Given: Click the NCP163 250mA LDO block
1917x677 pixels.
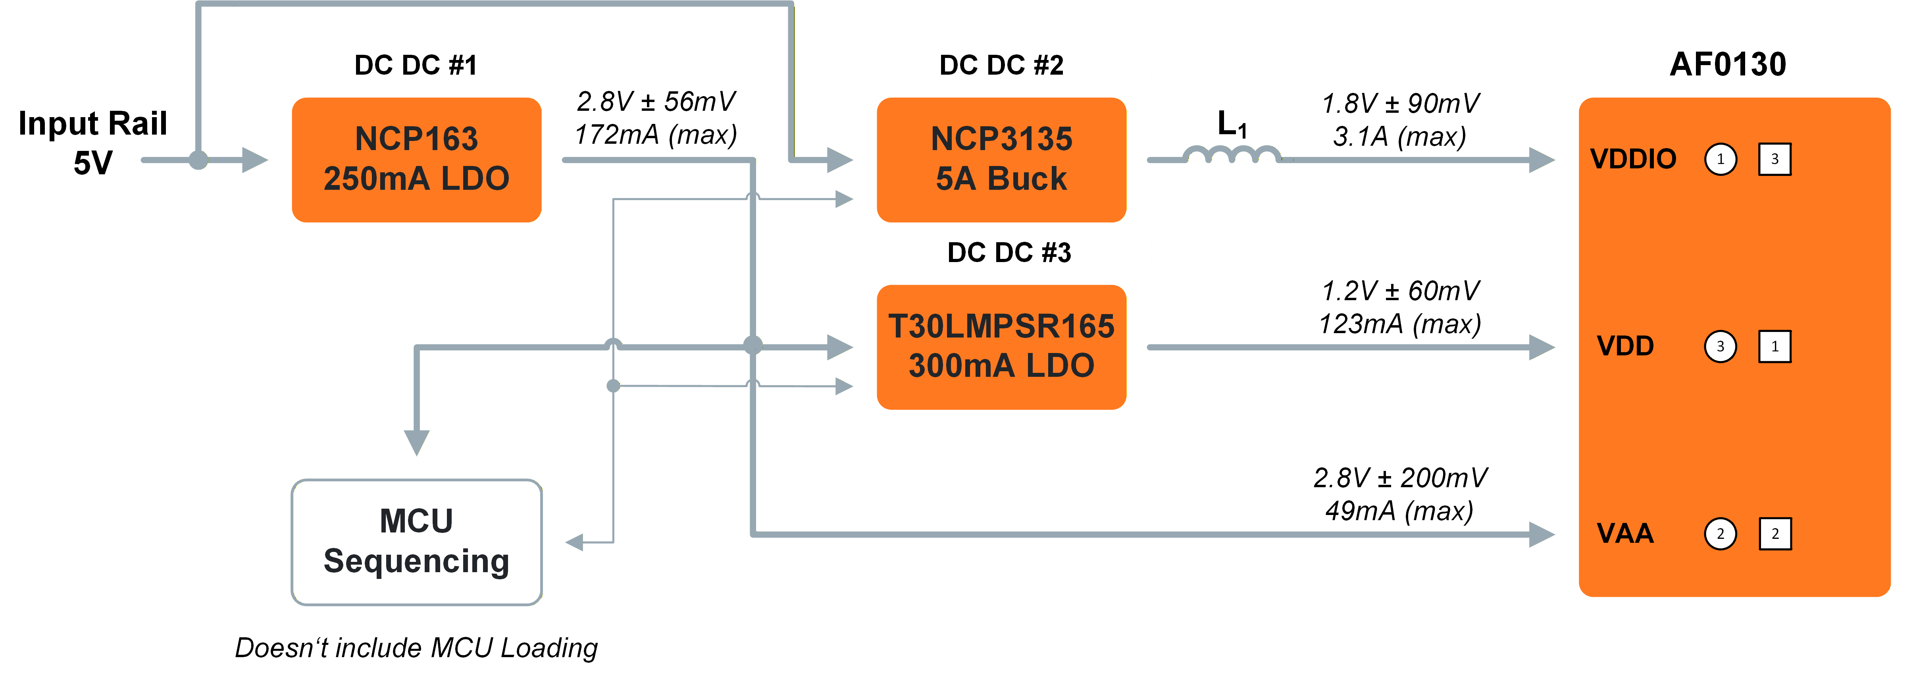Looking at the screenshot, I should pyautogui.click(x=416, y=159).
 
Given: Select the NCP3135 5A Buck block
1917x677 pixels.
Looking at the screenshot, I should pyautogui.click(x=1001, y=159).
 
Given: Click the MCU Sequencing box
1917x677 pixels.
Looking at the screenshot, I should pyautogui.click(x=416, y=542).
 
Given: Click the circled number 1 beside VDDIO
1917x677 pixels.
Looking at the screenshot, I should pyautogui.click(x=1720, y=159).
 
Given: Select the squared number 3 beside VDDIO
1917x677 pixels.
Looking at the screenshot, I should pyautogui.click(x=1775, y=159).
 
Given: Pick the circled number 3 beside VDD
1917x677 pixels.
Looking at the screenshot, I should pyautogui.click(x=1720, y=346).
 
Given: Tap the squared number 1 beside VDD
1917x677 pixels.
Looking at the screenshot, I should pyautogui.click(x=1775, y=346).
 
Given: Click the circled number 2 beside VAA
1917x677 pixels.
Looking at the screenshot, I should pyautogui.click(x=1720, y=533).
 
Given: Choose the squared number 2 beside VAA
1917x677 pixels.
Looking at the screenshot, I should pyautogui.click(x=1775, y=533).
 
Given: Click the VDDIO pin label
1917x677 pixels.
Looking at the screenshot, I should pyautogui.click(x=1633, y=159).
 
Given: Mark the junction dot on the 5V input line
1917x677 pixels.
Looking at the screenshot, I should pyautogui.click(x=198, y=159).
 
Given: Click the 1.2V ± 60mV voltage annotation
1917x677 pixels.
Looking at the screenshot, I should pyautogui.click(x=1400, y=291).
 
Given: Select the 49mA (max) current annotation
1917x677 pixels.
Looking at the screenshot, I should pyautogui.click(x=1399, y=511).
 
